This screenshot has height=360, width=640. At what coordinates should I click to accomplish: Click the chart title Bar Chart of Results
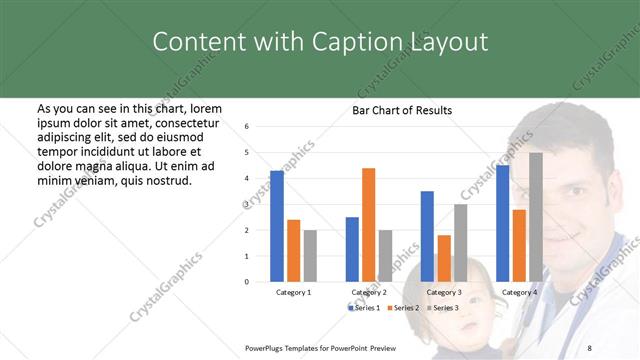pos(402,110)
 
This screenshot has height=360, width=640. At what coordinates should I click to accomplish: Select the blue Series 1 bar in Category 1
pos(277,226)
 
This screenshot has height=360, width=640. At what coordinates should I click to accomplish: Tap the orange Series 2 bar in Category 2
pos(369,225)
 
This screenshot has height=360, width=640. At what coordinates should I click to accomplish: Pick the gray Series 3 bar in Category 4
pos(536,217)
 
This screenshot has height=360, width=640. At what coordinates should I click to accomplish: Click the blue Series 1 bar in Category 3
pos(427,236)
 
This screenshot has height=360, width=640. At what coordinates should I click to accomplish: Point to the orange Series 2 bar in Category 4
pos(519,245)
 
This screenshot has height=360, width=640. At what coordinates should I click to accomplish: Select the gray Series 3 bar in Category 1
pos(311,256)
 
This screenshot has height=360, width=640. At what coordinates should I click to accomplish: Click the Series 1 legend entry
pos(365,307)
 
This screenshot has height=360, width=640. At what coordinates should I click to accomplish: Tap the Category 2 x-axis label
pos(369,292)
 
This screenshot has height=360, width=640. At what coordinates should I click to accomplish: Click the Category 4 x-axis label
pos(519,292)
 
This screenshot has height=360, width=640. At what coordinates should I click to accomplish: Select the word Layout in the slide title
pos(447,42)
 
